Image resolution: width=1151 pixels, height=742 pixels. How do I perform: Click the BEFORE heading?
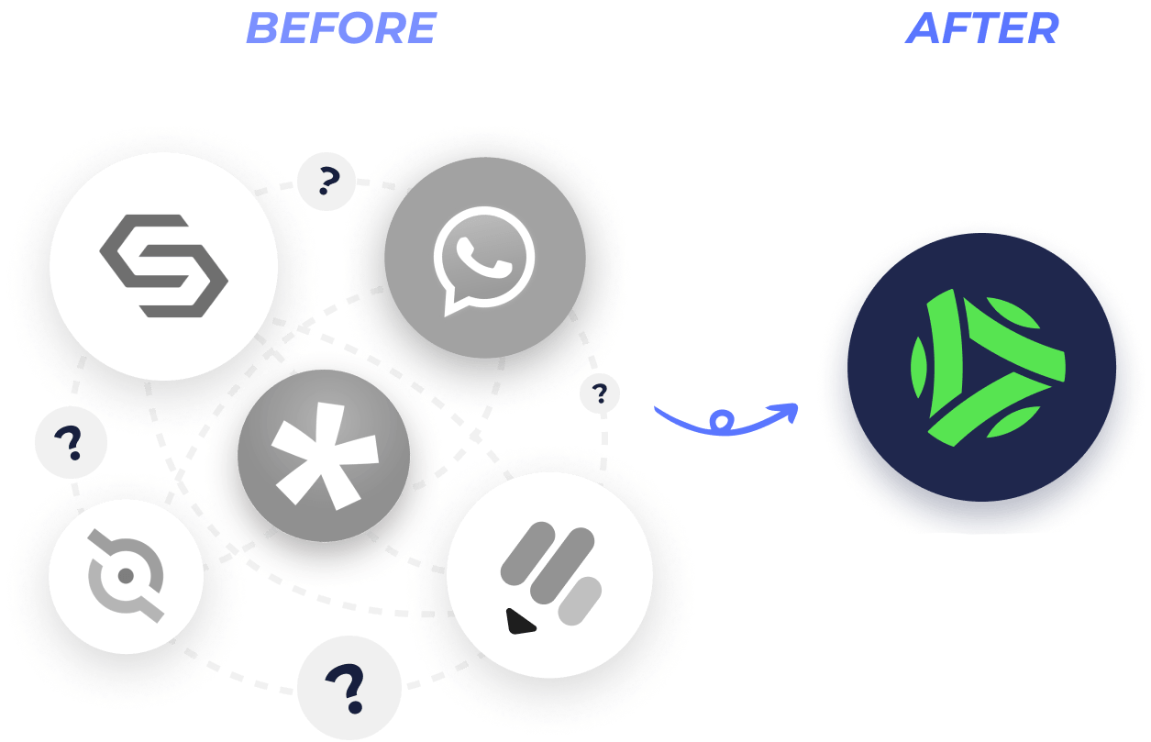341,28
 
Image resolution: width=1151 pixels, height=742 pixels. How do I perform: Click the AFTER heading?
982,28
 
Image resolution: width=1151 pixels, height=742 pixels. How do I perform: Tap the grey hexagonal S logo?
163,266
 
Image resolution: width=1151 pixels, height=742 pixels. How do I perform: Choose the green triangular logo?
988,368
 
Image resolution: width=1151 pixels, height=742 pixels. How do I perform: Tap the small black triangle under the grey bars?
520,622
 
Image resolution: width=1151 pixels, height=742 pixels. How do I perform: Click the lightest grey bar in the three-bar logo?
580,601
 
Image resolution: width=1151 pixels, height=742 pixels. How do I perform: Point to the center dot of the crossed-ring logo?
126,576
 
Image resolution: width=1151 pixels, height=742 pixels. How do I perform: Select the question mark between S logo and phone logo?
327,181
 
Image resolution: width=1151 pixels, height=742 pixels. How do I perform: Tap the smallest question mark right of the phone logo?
600,393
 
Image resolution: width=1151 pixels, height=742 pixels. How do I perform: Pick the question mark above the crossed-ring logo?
70,442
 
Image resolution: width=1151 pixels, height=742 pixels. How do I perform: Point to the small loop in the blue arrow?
722,420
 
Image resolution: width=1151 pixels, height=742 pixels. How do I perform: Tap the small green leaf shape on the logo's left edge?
918,367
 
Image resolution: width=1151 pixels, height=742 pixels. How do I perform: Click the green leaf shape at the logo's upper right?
1013,312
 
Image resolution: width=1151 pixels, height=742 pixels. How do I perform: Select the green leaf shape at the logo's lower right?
1013,421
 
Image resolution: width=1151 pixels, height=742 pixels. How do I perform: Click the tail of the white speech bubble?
455,305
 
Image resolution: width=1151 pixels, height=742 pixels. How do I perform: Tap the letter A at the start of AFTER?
923,28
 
